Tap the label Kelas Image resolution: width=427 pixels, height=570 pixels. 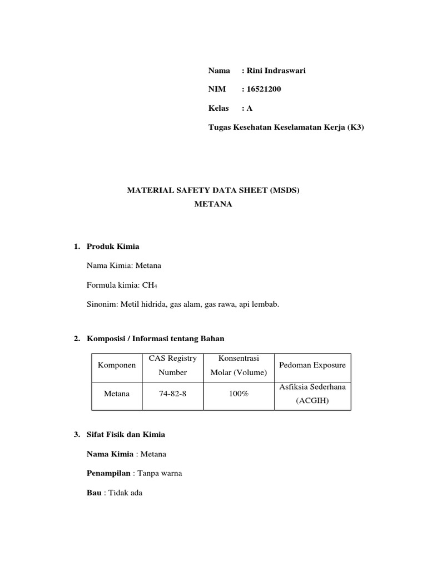click(x=219, y=109)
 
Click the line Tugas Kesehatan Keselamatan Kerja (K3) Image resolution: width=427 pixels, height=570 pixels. click(x=286, y=127)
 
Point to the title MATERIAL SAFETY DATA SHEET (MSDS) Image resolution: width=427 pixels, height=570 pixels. click(x=213, y=190)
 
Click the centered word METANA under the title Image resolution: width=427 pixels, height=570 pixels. click(x=213, y=204)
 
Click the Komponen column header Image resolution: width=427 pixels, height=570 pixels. click(x=117, y=365)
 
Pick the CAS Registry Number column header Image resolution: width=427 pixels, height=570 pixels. click(x=172, y=365)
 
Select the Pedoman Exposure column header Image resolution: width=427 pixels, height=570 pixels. click(x=312, y=365)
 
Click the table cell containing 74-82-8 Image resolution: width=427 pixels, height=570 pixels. click(x=172, y=394)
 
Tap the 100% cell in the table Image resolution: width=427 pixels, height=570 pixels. click(x=239, y=394)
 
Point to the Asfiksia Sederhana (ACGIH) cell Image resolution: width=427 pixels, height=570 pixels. click(x=312, y=394)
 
